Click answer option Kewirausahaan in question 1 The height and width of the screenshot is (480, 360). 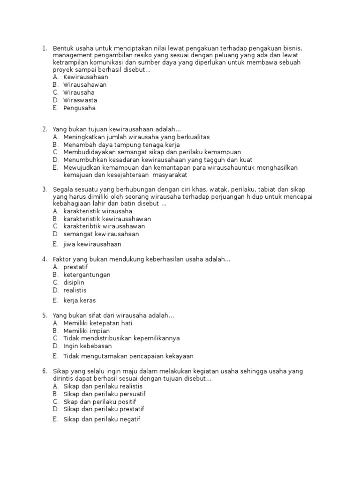click(x=85, y=77)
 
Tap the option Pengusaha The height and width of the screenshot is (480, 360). click(x=79, y=108)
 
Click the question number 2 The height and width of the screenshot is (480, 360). click(x=44, y=129)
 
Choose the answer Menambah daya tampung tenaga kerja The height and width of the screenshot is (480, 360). click(x=121, y=145)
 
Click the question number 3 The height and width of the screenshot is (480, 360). click(x=44, y=189)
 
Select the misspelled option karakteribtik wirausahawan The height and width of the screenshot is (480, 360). click(x=104, y=226)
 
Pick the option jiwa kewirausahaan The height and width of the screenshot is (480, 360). click(x=92, y=244)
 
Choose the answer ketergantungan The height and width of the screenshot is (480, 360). click(x=87, y=275)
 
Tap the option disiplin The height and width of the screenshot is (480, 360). click(x=74, y=283)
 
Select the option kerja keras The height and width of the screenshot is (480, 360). click(x=79, y=300)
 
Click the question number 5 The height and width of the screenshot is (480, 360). click(x=44, y=315)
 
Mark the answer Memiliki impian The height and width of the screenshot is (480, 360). click(x=86, y=331)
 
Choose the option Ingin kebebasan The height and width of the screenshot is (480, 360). click(x=88, y=346)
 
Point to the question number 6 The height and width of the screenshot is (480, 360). click(x=44, y=371)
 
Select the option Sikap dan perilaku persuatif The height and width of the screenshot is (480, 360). click(x=105, y=394)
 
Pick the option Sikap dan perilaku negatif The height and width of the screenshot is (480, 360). click(x=102, y=420)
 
